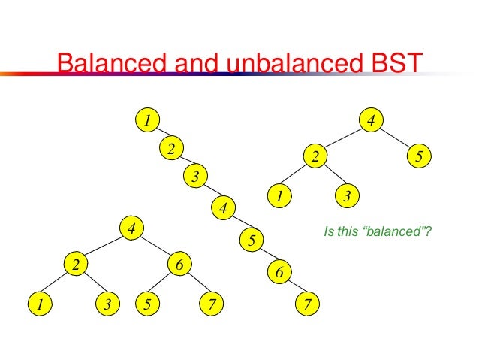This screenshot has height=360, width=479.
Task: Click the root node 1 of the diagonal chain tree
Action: [x=148, y=119]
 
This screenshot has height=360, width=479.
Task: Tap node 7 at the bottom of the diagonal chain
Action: [x=307, y=304]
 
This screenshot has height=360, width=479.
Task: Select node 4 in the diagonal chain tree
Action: [x=223, y=206]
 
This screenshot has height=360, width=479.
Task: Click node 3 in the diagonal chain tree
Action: [x=195, y=177]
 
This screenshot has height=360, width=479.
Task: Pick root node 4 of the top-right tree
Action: [x=371, y=119]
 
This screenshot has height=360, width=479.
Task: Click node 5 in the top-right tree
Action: [x=420, y=157]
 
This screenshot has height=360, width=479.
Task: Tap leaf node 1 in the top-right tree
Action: [x=279, y=197]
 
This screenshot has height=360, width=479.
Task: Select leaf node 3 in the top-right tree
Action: [x=347, y=197]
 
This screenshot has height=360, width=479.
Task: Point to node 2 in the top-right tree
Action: [x=316, y=157]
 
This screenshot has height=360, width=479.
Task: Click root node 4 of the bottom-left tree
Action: [x=131, y=227]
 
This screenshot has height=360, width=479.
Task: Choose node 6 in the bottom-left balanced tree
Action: [x=179, y=265]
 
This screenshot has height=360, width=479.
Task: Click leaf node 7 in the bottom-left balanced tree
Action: [x=212, y=304]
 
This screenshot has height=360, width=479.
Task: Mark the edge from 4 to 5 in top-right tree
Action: [x=396, y=138]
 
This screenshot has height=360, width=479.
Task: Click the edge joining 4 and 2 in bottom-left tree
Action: [x=104, y=246]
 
